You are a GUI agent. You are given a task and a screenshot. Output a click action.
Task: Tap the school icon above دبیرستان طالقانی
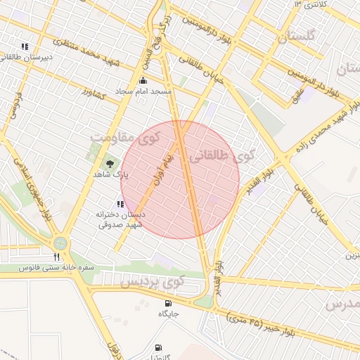(25, 47)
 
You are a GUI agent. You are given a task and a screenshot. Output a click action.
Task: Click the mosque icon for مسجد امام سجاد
(144, 80)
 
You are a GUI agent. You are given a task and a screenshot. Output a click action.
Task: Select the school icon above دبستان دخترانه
(120, 203)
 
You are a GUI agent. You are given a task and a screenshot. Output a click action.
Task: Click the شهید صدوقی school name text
(120, 224)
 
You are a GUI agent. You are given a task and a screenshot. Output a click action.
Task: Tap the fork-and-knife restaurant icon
(56, 257)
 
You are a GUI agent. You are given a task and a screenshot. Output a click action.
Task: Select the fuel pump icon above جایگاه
(168, 304)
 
